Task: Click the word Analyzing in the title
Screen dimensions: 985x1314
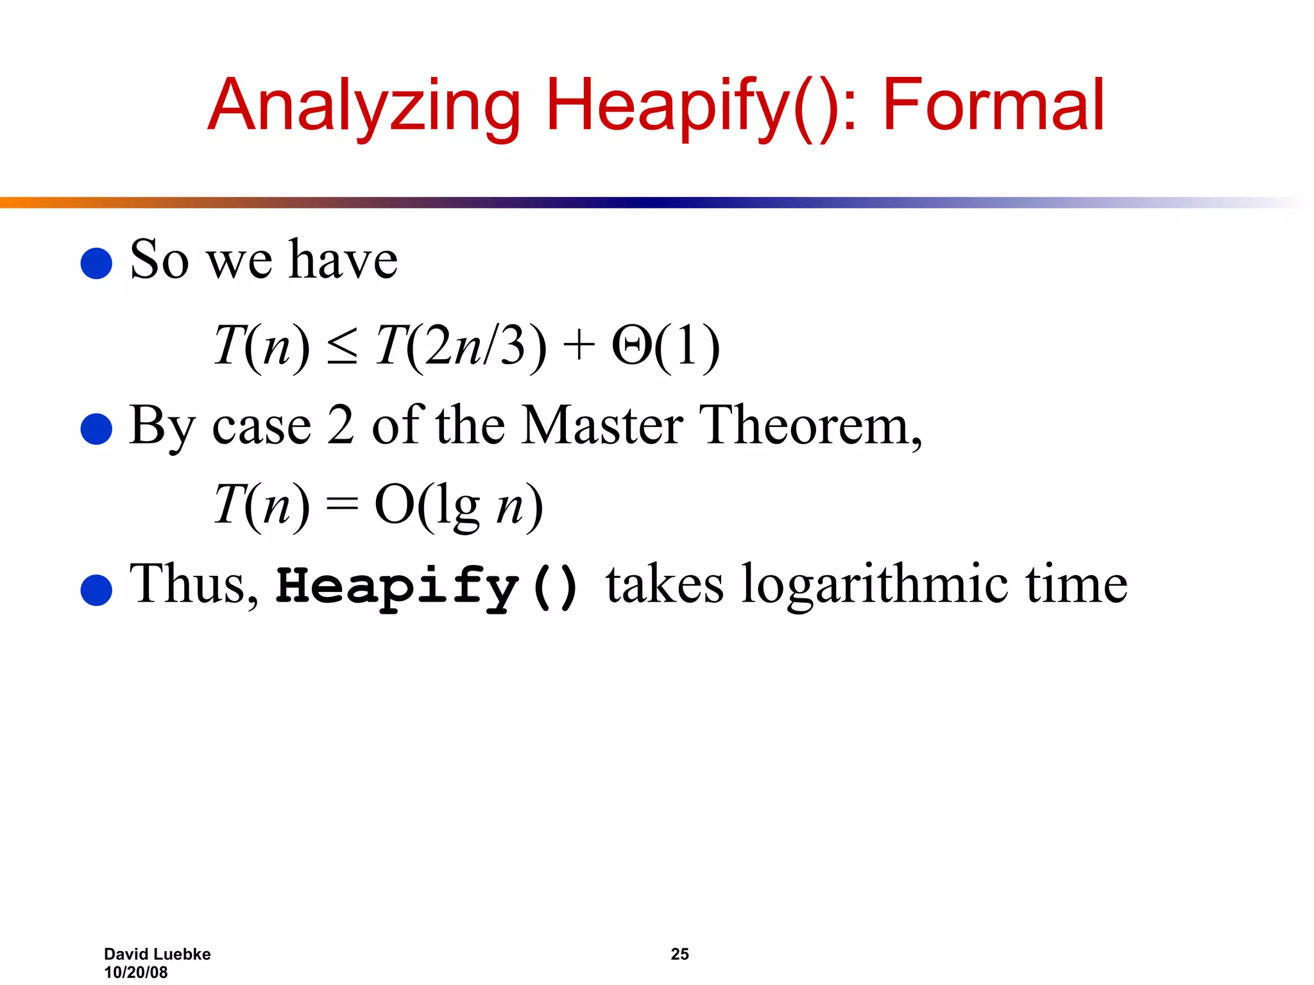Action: pos(364,106)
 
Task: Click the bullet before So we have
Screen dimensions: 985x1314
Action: pos(97,264)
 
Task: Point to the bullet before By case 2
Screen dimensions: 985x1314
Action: pos(97,428)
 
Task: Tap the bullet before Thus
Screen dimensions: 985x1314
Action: pos(97,589)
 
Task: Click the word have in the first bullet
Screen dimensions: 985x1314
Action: pos(343,260)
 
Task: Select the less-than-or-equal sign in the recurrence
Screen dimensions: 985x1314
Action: pos(341,347)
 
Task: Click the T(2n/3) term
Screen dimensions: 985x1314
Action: pos(461,346)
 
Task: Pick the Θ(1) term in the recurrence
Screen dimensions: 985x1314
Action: pos(665,346)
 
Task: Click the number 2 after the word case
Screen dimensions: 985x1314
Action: pos(341,425)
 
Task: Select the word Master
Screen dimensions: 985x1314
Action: pos(602,425)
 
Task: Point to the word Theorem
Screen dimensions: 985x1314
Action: pos(810,425)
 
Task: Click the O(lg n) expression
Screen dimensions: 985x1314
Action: pos(459,505)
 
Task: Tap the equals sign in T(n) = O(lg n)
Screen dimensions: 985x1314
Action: pos(341,505)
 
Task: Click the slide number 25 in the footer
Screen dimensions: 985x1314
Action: pos(679,954)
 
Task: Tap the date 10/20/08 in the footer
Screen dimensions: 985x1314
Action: pos(136,972)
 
